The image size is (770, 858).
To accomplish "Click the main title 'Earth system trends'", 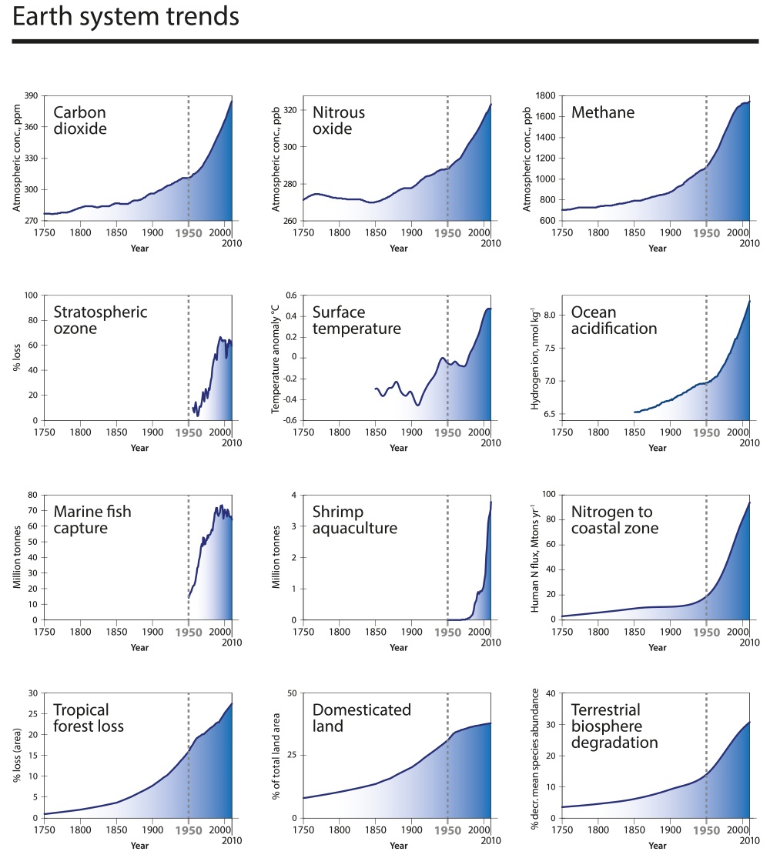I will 126,18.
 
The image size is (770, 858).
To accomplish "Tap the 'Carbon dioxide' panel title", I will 80,120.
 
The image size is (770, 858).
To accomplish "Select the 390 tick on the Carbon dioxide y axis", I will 32,96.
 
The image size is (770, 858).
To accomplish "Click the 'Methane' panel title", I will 603,113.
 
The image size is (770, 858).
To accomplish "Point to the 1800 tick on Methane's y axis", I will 545,96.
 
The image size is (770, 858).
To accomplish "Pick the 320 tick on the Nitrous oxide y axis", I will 289,110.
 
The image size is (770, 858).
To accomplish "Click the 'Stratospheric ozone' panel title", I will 100,320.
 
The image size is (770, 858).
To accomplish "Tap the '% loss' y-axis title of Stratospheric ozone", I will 17,358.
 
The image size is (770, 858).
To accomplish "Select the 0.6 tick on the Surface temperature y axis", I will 288,295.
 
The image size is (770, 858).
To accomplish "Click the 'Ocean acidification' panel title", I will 614,320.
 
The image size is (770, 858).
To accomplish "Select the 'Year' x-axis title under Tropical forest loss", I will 139,846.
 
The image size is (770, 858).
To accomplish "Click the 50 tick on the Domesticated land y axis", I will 291,693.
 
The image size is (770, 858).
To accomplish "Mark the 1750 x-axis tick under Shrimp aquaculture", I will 303,631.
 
